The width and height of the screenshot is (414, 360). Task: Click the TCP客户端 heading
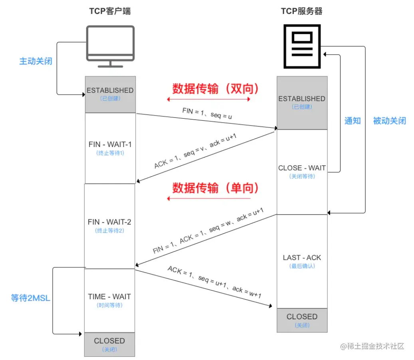[x=109, y=11]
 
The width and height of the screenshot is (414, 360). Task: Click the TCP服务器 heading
[x=301, y=11]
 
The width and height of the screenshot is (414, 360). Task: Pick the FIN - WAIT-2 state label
[x=109, y=222]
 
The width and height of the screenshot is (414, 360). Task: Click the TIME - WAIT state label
[x=109, y=297]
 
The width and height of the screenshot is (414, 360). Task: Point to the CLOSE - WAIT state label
[x=302, y=168]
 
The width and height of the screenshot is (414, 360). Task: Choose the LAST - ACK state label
[x=302, y=258]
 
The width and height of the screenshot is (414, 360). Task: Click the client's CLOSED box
[x=109, y=344]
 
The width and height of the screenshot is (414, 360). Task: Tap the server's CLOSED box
[x=302, y=320]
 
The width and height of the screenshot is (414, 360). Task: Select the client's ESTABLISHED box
[x=110, y=94]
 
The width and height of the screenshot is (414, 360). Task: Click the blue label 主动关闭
[x=36, y=62]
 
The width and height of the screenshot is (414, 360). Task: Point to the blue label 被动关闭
[x=389, y=121]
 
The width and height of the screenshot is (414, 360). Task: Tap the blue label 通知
[x=353, y=121]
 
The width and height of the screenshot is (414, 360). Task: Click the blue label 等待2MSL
[x=31, y=298]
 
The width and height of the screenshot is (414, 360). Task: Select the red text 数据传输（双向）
[x=216, y=88]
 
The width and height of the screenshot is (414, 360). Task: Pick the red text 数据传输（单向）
[x=216, y=188]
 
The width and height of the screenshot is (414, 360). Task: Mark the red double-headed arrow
[x=208, y=99]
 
